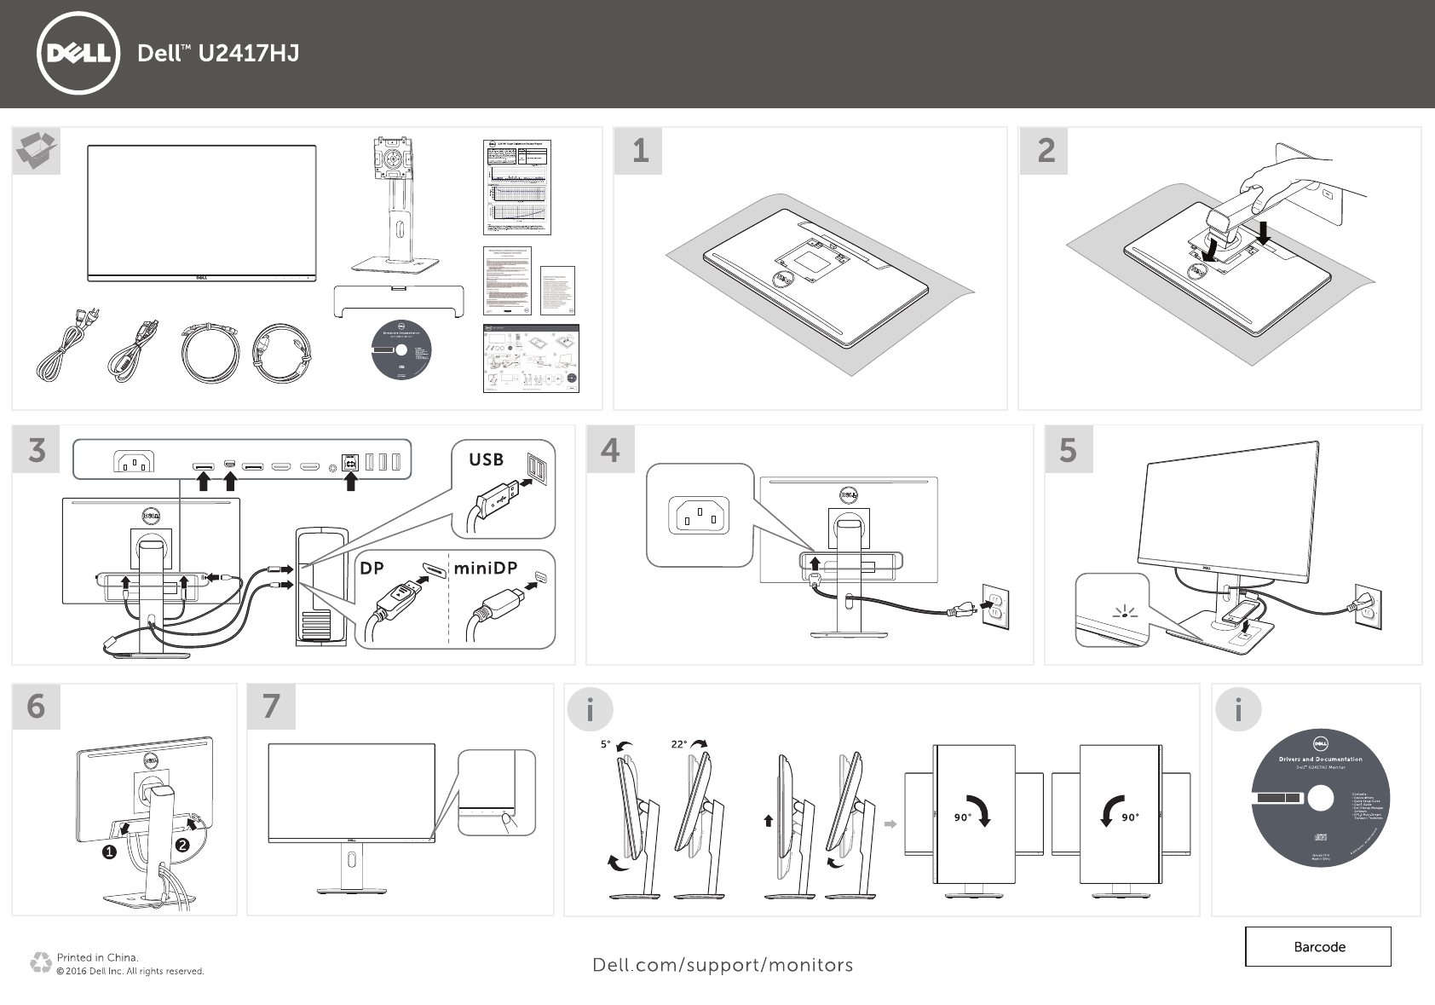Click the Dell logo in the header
click(x=78, y=53)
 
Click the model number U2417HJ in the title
click(x=248, y=54)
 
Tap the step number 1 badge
click(x=640, y=151)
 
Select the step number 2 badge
click(x=1046, y=151)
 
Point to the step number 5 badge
click(x=1068, y=449)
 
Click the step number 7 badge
click(x=271, y=706)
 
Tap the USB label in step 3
click(x=486, y=459)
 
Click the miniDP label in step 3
click(x=485, y=568)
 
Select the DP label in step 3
click(x=372, y=568)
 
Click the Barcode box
click(x=1318, y=946)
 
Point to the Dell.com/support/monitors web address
click(x=723, y=965)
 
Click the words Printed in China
click(x=97, y=957)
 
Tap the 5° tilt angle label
click(x=605, y=744)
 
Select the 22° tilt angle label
click(x=678, y=744)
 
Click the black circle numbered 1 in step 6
click(x=109, y=852)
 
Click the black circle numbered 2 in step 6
click(x=182, y=845)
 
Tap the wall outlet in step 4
click(x=995, y=606)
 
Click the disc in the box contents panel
click(x=402, y=351)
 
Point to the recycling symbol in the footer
click(x=40, y=963)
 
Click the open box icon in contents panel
click(x=37, y=151)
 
